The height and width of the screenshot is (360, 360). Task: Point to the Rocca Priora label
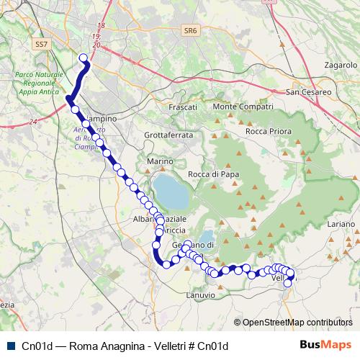tap(268, 132)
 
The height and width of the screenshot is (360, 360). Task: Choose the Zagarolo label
tap(341, 65)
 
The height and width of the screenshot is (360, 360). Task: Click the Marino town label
tap(161, 162)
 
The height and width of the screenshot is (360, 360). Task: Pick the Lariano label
tap(341, 225)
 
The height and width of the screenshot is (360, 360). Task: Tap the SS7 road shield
tap(41, 44)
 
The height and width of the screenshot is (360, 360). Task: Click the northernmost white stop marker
tap(84, 58)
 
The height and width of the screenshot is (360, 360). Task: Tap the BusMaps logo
tap(325, 345)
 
